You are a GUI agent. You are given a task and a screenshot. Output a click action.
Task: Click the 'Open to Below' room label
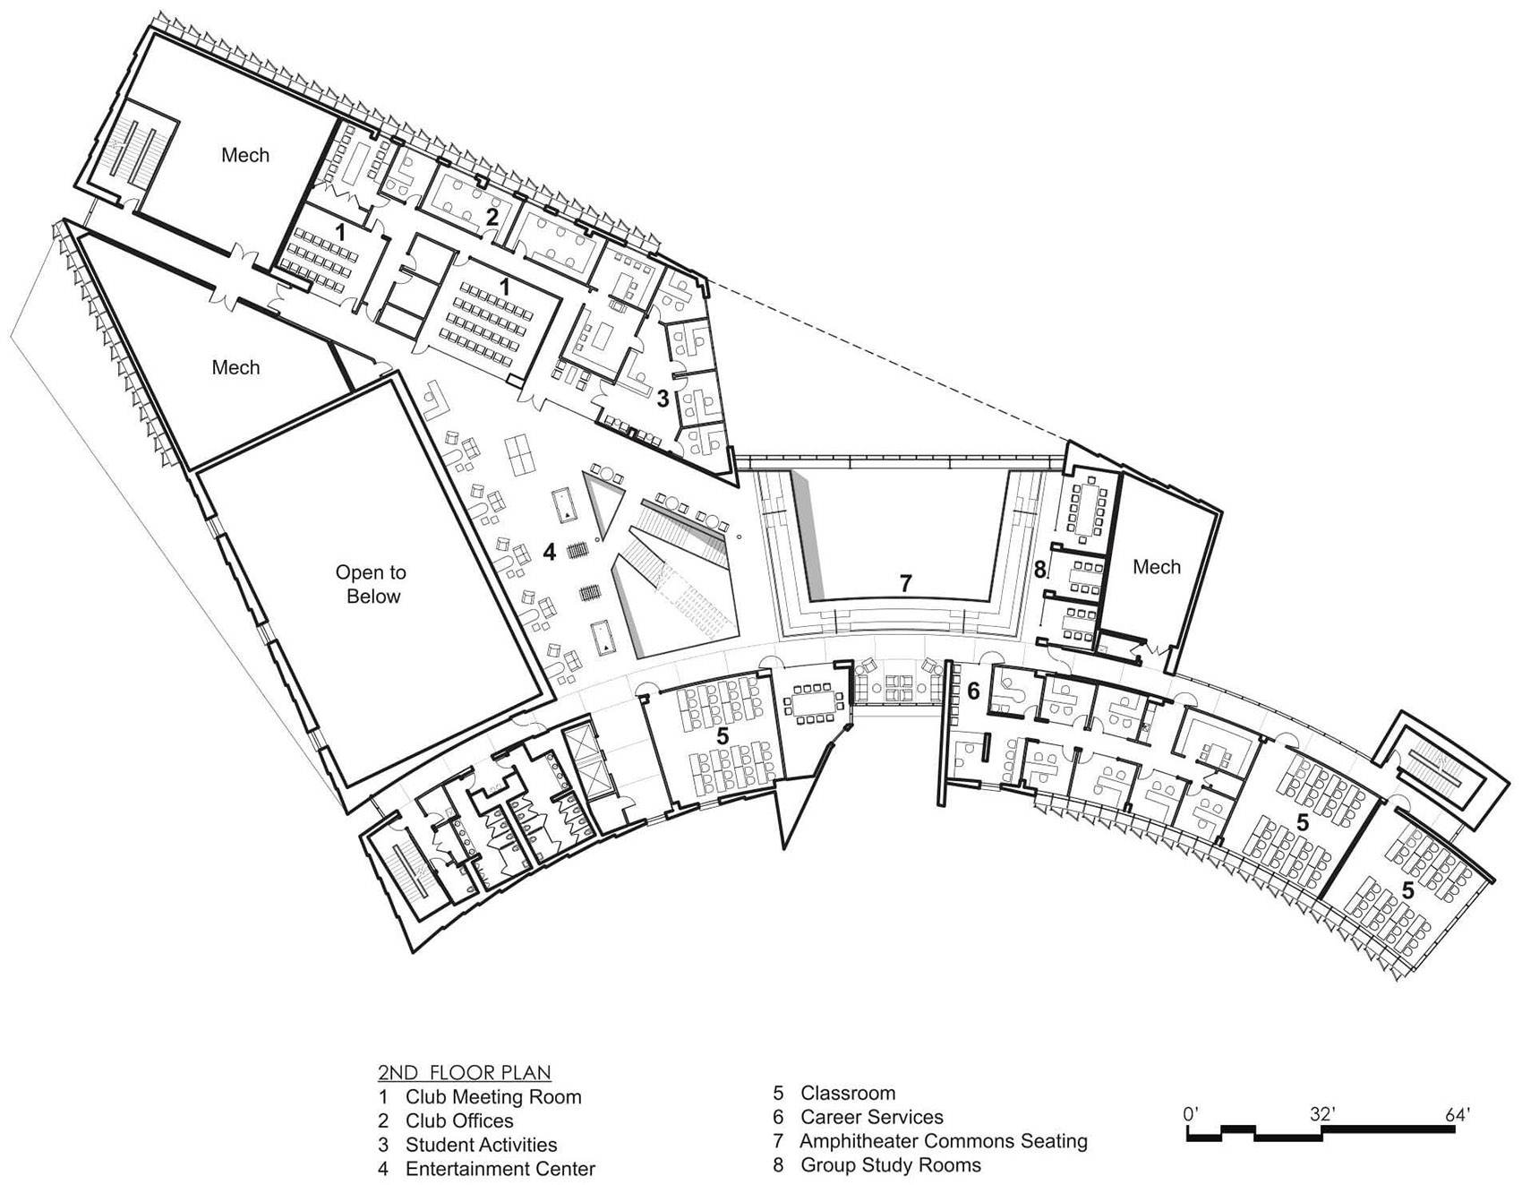[x=372, y=584]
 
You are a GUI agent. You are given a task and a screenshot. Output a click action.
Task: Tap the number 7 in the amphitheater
[x=905, y=584]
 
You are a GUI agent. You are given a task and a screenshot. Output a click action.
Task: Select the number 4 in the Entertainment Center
[x=549, y=553]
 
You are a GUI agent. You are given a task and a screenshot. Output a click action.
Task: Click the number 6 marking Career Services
[x=974, y=691]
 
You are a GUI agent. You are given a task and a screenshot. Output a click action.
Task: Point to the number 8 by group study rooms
[x=1039, y=569]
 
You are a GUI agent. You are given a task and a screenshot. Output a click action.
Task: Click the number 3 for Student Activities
[x=663, y=399]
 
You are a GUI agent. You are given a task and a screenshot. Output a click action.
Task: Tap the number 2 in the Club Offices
[x=492, y=216]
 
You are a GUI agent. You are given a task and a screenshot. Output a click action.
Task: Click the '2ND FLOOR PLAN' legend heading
[x=464, y=1072]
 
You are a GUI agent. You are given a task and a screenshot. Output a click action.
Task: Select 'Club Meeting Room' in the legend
[x=493, y=1096]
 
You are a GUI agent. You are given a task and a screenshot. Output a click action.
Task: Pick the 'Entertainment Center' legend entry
[x=500, y=1169]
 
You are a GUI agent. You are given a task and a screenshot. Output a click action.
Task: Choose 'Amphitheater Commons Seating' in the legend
[x=944, y=1141]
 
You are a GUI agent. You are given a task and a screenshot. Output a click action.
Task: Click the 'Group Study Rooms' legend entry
[x=891, y=1165]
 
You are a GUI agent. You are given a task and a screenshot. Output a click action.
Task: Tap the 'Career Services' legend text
[x=872, y=1117]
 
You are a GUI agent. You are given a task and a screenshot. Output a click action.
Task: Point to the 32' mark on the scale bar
[x=1321, y=1115]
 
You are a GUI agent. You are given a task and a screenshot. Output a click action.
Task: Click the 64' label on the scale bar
[x=1457, y=1115]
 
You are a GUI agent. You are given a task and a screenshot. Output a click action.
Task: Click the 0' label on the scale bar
[x=1191, y=1115]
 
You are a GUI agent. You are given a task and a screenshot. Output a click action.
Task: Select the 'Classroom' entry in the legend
[x=848, y=1093]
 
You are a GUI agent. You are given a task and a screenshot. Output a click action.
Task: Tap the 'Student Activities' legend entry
[x=481, y=1145]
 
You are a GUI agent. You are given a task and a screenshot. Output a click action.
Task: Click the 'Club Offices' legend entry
[x=459, y=1121]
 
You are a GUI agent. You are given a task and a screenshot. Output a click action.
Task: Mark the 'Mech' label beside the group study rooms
[x=1156, y=567]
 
